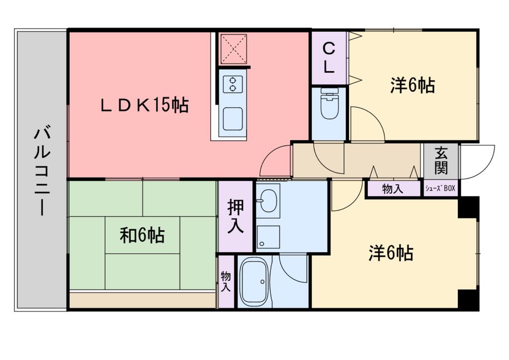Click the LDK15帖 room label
click(x=145, y=105)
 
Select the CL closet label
click(x=329, y=58)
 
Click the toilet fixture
click(x=329, y=105)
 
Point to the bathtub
click(x=254, y=281)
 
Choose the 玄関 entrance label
click(x=440, y=161)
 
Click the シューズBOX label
click(x=440, y=189)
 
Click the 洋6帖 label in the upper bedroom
click(x=412, y=86)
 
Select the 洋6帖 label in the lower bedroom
click(x=391, y=254)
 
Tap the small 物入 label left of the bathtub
click(x=226, y=281)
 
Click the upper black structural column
click(x=468, y=207)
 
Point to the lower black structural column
click(x=468, y=299)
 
